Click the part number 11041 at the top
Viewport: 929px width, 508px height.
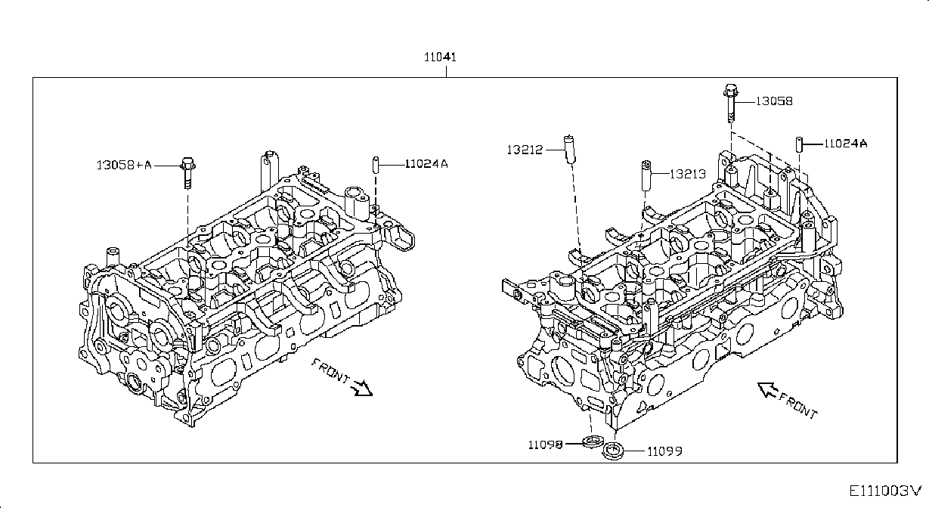tap(440, 57)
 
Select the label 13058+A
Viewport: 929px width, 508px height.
tap(124, 166)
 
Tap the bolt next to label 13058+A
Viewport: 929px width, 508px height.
tap(188, 173)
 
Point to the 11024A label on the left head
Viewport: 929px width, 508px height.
tap(426, 164)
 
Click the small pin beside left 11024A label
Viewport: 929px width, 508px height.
tap(376, 165)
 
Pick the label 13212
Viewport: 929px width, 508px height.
tap(525, 150)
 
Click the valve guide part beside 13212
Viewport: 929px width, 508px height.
tap(569, 150)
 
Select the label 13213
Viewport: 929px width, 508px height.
tap(688, 174)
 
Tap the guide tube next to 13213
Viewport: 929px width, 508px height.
tap(646, 176)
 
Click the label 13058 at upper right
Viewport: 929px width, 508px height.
tap(774, 101)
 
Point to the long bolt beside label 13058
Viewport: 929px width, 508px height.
tap(731, 104)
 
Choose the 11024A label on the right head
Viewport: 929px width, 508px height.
tap(845, 144)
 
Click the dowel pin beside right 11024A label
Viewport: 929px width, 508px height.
tap(799, 144)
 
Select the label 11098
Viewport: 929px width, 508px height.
tap(545, 445)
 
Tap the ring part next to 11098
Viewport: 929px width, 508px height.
tap(592, 441)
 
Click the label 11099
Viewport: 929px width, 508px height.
tap(664, 451)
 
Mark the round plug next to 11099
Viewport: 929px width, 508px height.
tap(613, 451)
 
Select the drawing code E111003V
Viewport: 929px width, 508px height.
tap(884, 491)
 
